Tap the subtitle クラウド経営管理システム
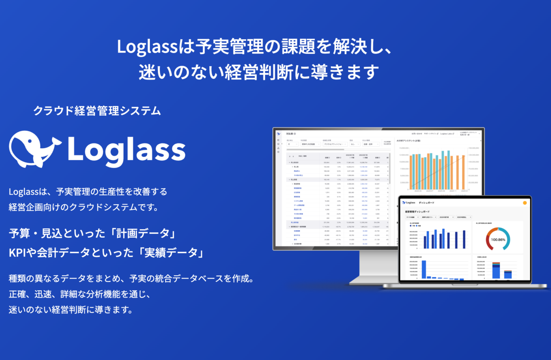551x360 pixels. (97, 111)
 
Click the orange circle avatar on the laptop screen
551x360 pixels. (524, 202)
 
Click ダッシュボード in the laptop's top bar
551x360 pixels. (427, 202)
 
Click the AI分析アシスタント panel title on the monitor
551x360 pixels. (409, 140)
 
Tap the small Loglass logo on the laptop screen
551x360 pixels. (408, 202)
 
